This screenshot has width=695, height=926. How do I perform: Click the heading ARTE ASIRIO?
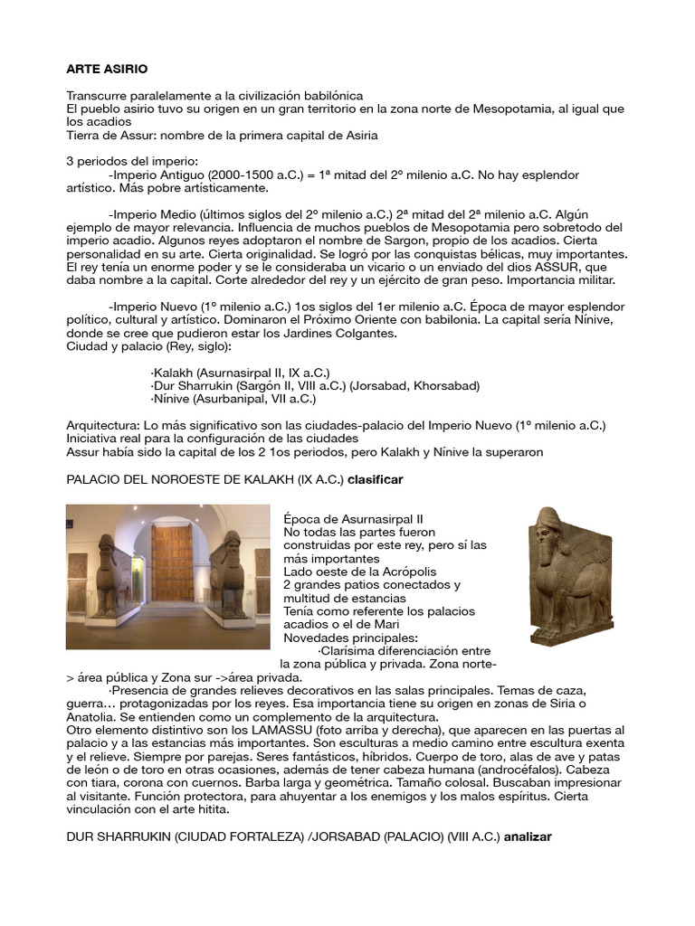click(107, 69)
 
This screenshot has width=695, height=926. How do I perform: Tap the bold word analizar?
click(525, 836)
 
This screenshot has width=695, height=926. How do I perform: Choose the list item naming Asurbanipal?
click(233, 398)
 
